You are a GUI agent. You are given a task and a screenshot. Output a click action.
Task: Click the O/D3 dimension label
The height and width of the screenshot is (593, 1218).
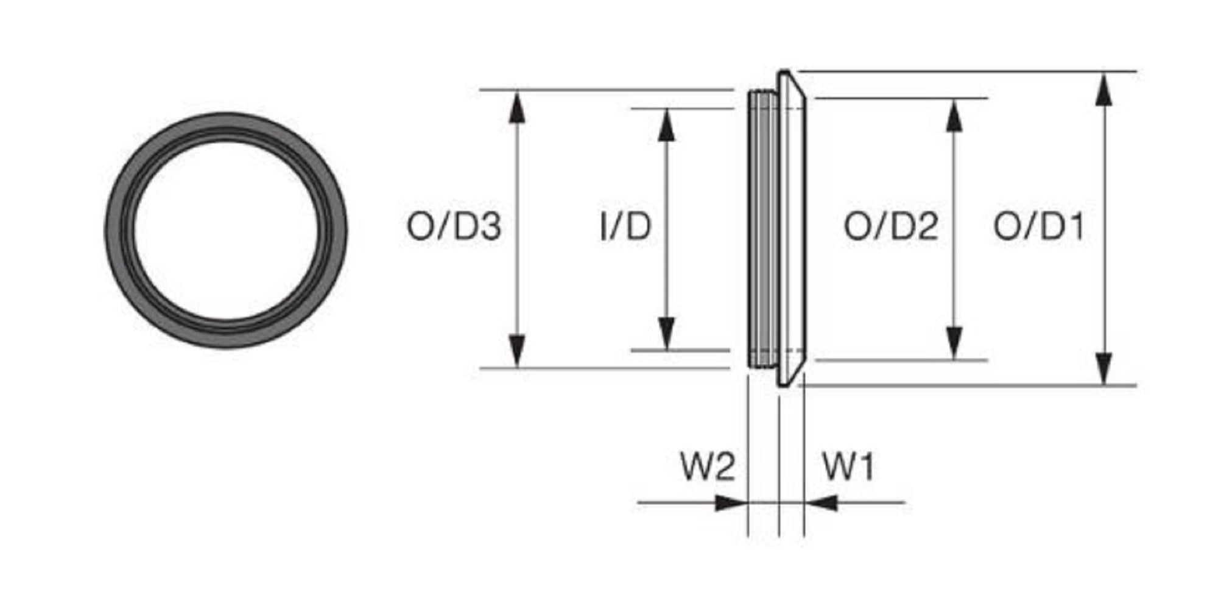click(x=454, y=226)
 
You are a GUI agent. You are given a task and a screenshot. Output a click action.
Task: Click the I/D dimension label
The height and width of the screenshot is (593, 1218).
click(x=625, y=226)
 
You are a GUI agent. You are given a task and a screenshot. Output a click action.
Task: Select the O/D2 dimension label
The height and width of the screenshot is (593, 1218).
click(x=890, y=226)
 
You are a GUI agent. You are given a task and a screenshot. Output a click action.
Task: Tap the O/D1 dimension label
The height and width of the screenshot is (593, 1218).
click(x=1039, y=226)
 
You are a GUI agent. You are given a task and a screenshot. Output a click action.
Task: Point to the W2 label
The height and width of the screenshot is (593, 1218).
click(x=707, y=467)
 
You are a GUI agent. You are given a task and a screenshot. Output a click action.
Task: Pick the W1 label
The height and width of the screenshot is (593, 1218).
click(x=848, y=467)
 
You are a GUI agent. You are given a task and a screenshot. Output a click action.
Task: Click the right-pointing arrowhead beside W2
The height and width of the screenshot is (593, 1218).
click(x=731, y=503)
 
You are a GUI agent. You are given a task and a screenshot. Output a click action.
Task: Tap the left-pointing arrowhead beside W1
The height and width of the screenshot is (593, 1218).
click(x=821, y=503)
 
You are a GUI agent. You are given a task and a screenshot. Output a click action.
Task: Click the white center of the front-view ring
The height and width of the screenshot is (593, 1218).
click(x=226, y=230)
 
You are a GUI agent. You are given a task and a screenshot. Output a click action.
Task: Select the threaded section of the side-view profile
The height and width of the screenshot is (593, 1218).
click(x=763, y=229)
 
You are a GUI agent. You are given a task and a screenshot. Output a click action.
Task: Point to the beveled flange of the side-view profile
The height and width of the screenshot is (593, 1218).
click(x=792, y=229)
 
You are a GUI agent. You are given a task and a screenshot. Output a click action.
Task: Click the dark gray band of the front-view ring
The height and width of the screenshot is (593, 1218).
click(x=116, y=230)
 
